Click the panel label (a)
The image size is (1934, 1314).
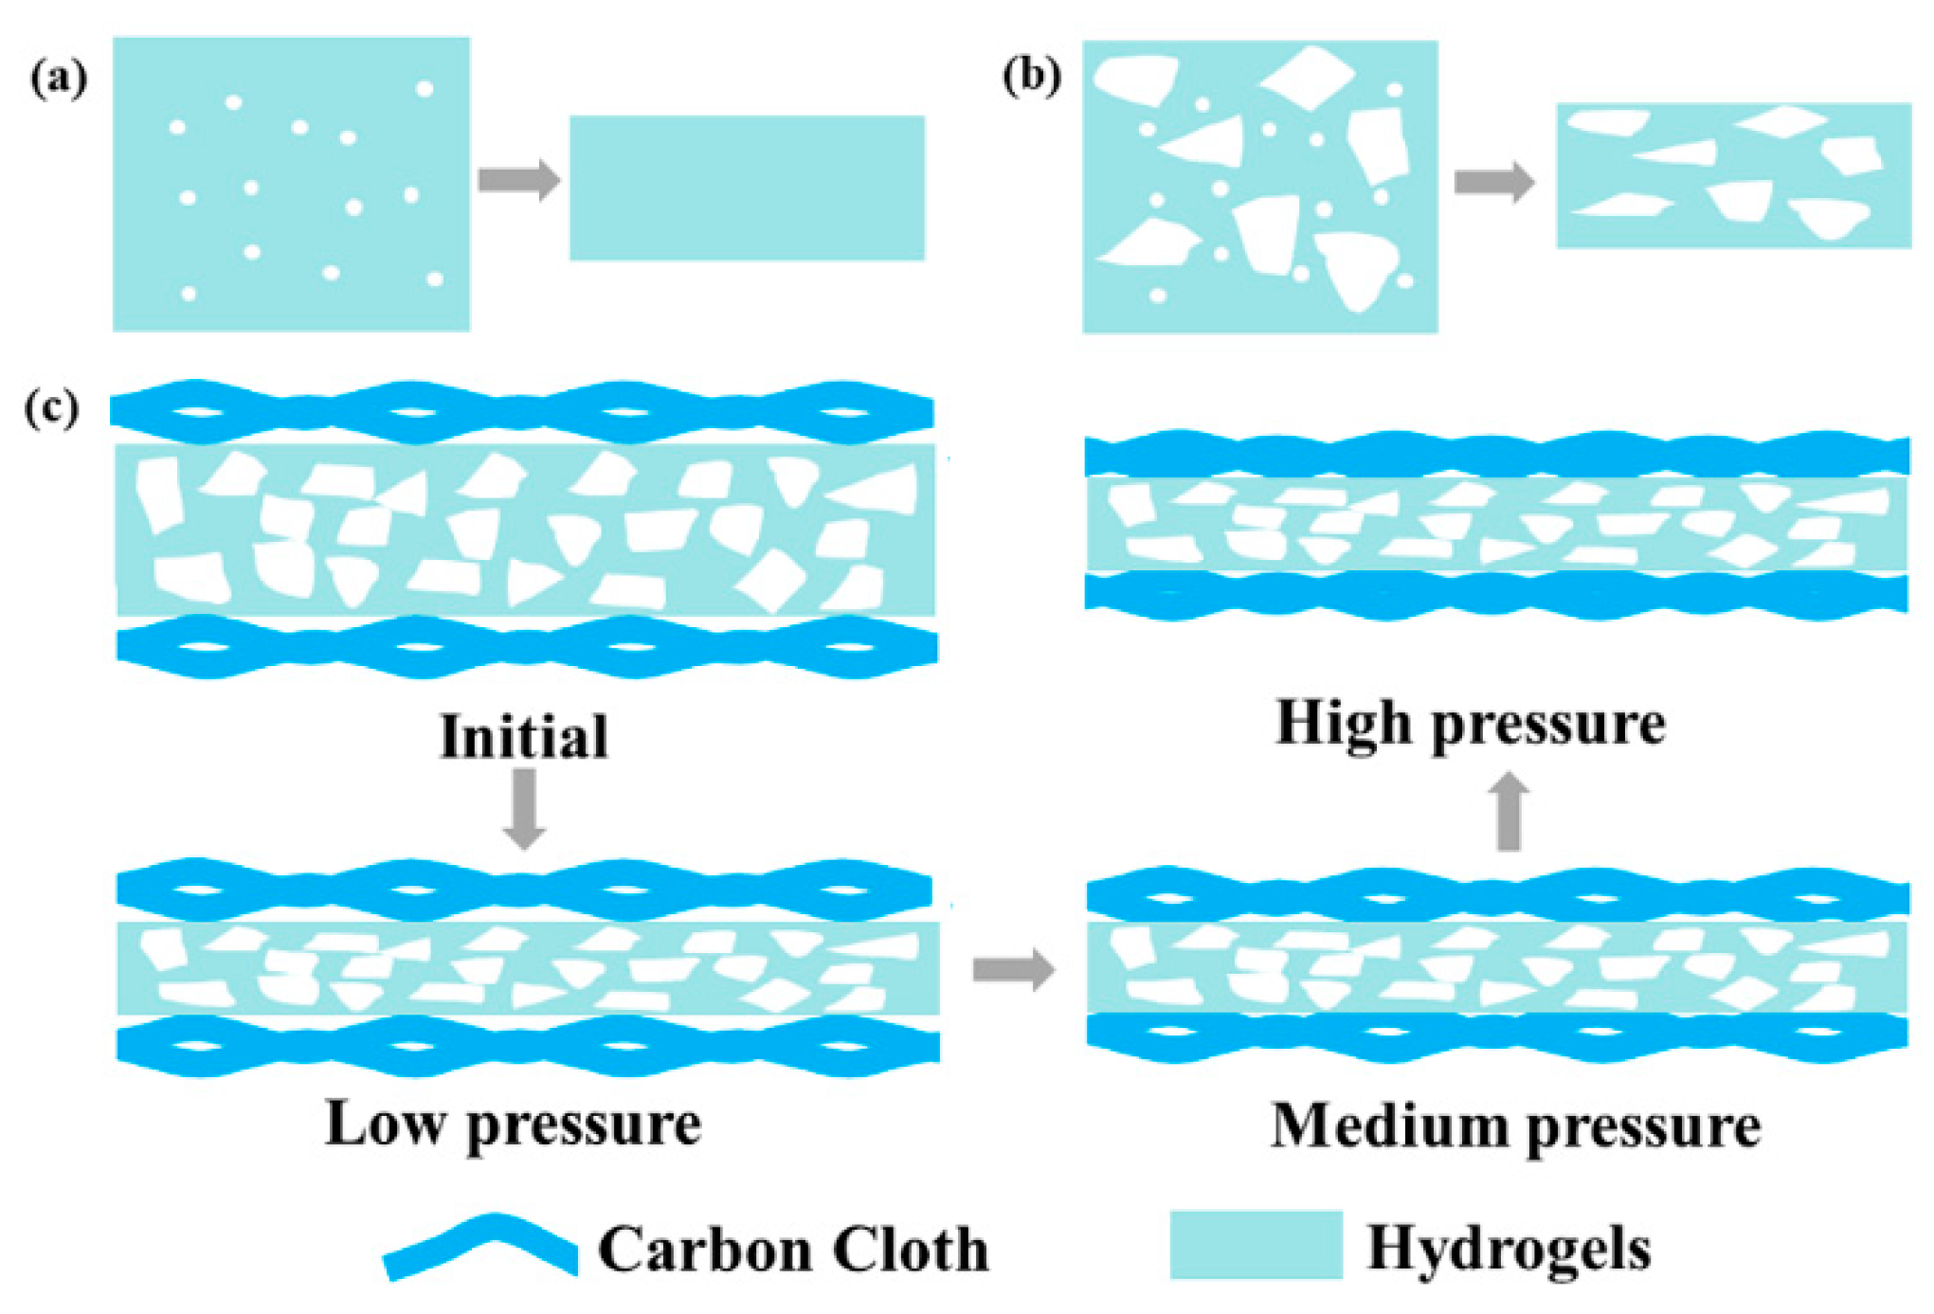[59, 78]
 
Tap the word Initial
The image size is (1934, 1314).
[524, 737]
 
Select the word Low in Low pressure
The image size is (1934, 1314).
[383, 1125]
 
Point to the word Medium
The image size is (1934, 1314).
[1389, 1127]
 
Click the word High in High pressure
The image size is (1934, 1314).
[1344, 724]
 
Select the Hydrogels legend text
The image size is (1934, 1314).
[1509, 1250]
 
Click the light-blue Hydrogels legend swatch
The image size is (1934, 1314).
[1256, 1245]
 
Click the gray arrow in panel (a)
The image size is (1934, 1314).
[518, 179]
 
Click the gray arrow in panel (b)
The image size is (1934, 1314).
[1493, 181]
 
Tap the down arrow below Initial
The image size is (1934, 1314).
[524, 808]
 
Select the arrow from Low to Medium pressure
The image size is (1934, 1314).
[1013, 969]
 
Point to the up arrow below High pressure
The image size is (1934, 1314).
[1509, 812]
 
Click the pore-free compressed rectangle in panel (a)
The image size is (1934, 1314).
[747, 188]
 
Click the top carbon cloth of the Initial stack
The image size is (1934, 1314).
[521, 412]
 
